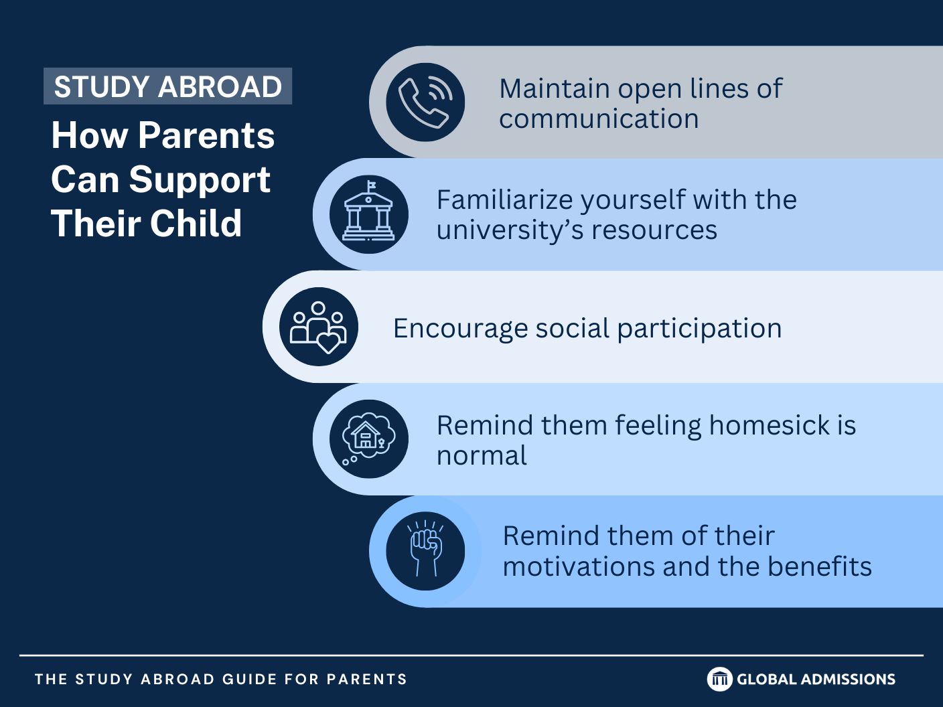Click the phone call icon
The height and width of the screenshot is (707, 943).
tap(425, 102)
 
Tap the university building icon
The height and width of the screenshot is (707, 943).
tap(368, 210)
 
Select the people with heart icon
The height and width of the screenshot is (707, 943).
tap(318, 327)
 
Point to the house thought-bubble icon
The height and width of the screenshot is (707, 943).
tap(368, 439)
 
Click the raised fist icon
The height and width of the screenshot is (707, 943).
tap(425, 548)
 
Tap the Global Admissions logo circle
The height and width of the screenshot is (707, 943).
tap(719, 679)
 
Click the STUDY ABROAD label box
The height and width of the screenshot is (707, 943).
tap(167, 86)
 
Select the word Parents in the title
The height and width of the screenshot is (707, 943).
tap(206, 136)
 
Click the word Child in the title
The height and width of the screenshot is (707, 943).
tap(196, 223)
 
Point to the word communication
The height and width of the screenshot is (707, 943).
tap(599, 119)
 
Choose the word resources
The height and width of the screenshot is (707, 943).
tap(654, 230)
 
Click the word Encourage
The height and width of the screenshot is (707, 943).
tap(461, 329)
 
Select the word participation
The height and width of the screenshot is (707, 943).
tap(699, 329)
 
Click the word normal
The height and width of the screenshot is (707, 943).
tap(482, 455)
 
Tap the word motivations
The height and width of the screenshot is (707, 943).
tap(579, 566)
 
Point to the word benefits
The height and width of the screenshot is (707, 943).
tap(820, 566)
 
